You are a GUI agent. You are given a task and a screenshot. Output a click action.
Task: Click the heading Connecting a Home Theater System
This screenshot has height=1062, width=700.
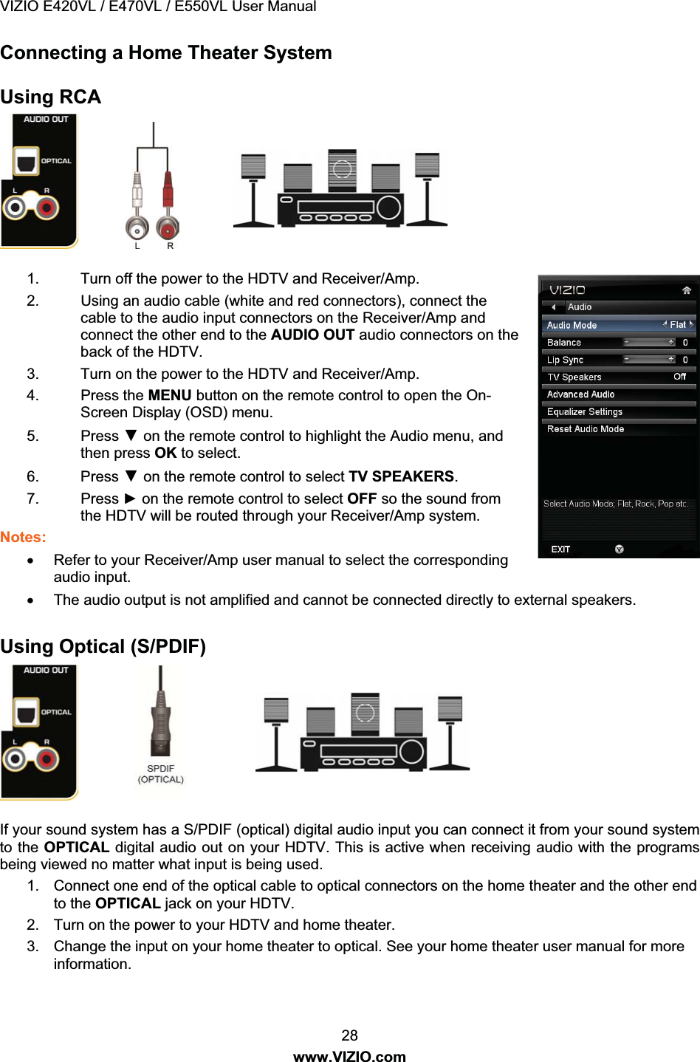pyautogui.click(x=166, y=53)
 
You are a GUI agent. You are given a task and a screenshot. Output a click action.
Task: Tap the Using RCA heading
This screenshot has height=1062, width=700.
pyautogui.click(x=51, y=97)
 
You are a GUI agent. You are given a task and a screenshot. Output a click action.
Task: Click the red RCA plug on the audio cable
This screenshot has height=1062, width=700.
pyautogui.click(x=168, y=193)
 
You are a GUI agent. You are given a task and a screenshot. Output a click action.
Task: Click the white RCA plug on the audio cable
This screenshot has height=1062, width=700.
pyautogui.click(x=137, y=193)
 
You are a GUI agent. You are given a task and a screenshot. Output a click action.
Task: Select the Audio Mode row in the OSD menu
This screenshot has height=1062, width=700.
pyautogui.click(x=619, y=325)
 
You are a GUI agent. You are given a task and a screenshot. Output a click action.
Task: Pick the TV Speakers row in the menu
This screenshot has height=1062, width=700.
pyautogui.click(x=619, y=377)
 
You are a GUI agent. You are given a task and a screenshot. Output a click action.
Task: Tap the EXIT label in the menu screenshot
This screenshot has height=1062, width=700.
pyautogui.click(x=560, y=549)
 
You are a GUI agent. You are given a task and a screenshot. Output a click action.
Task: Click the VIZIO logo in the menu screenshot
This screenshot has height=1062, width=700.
pyautogui.click(x=567, y=290)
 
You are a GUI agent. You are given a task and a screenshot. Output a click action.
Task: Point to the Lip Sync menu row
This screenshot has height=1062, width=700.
pyautogui.click(x=619, y=360)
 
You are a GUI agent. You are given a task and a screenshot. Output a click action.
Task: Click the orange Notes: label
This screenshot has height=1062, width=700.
pyautogui.click(x=23, y=537)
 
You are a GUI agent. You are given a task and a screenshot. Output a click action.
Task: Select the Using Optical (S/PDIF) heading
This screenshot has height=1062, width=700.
pyautogui.click(x=103, y=647)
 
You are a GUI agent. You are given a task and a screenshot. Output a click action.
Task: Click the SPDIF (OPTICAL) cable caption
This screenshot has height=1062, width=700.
pyautogui.click(x=160, y=774)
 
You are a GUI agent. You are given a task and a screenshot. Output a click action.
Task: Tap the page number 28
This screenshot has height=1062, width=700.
pyautogui.click(x=350, y=1035)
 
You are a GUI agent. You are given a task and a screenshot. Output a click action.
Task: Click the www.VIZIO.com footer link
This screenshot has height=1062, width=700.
pyautogui.click(x=350, y=1056)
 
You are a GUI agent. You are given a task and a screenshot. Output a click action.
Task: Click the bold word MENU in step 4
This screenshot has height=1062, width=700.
pyautogui.click(x=170, y=395)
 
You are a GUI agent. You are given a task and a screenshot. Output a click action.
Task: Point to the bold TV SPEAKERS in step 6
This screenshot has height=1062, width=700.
pyautogui.click(x=402, y=476)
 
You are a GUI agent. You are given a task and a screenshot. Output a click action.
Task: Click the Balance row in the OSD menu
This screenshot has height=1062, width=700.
pyautogui.click(x=619, y=343)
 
